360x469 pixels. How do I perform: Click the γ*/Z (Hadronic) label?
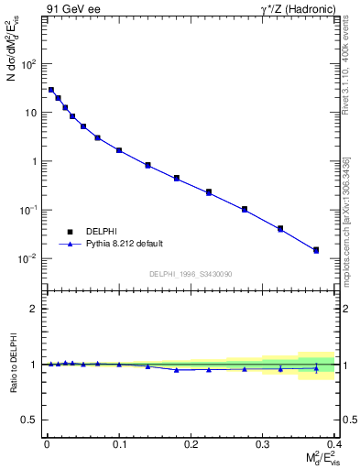(x=297, y=9)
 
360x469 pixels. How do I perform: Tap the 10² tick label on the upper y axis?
(x=29, y=64)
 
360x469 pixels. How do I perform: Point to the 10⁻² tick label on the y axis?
(x=27, y=258)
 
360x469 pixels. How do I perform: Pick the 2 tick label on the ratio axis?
(x=35, y=309)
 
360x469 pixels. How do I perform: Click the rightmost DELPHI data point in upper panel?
(x=316, y=249)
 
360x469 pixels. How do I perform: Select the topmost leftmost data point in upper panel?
(x=51, y=90)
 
